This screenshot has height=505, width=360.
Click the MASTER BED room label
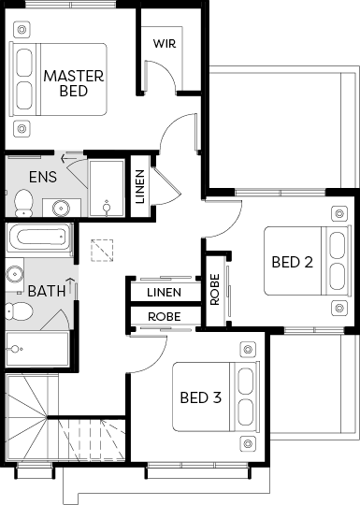point(74,83)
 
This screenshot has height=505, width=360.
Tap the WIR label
point(165,43)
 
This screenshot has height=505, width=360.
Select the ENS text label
point(43,177)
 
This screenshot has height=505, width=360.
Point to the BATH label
point(47,291)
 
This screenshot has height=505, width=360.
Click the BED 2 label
point(292,262)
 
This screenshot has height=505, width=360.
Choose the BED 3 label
point(201,397)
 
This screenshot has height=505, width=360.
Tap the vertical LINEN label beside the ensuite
point(139,187)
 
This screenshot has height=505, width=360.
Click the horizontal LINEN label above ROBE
point(165,293)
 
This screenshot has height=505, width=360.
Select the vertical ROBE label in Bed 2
point(214,289)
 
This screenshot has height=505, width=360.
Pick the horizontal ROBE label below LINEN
point(165,317)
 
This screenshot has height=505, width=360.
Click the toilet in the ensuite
point(23,203)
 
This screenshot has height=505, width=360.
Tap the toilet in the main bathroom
point(20,311)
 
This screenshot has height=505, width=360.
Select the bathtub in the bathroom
point(39,238)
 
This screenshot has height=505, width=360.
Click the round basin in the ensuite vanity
point(61,208)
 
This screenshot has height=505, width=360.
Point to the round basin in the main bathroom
point(14,274)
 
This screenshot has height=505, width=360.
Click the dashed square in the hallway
point(102,251)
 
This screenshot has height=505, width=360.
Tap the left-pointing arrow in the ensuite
point(68,158)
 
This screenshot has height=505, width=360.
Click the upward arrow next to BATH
point(70,286)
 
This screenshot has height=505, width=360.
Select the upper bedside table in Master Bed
point(22,30)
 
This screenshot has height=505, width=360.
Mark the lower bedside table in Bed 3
point(248,443)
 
